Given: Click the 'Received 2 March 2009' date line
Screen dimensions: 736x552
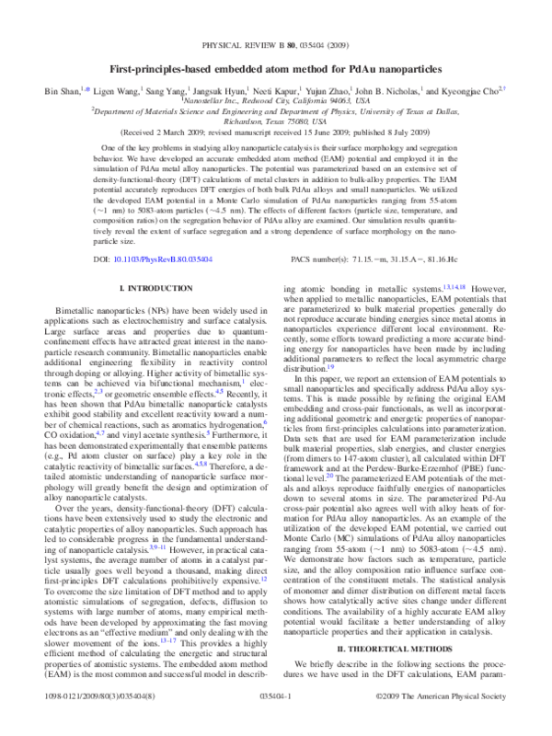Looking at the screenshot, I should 275,132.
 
